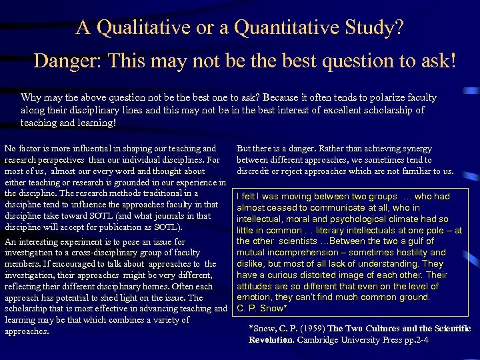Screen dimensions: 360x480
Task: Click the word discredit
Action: [x=255, y=171]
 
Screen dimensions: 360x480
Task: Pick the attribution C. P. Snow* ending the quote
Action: [x=262, y=309]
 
